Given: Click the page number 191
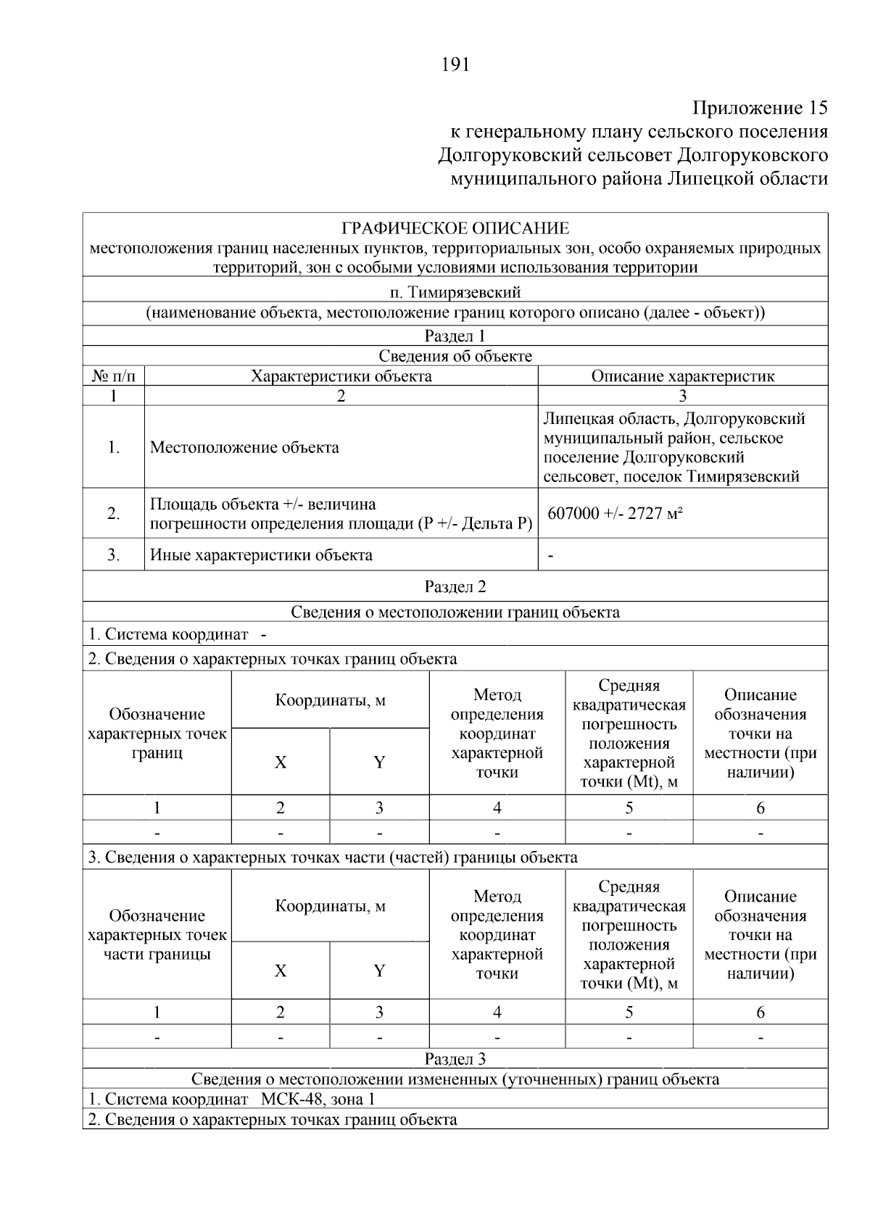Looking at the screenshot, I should tap(455, 65).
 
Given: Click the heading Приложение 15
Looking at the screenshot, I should tap(760, 109).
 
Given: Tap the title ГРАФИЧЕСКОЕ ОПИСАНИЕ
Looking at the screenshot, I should tap(455, 229).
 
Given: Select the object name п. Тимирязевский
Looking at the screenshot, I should tap(455, 293).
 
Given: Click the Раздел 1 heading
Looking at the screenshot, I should tap(455, 336).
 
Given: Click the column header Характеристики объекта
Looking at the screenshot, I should tap(341, 376).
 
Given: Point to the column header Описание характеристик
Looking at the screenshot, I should tap(682, 376).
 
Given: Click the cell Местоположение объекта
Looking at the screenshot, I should tap(244, 447).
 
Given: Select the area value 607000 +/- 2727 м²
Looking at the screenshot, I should tap(616, 513).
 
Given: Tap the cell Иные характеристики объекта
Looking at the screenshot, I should tap(261, 555).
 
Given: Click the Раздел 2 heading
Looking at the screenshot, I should tap(455, 586).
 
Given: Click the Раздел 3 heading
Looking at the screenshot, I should tap(455, 1059).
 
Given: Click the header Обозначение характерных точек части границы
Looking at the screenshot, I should tap(157, 935).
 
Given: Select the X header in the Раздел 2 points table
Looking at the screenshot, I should tap(281, 762).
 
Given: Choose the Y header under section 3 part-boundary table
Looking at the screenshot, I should tap(379, 971).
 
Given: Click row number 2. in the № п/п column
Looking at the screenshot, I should tap(114, 513).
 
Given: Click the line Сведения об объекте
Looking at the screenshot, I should tap(455, 356).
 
